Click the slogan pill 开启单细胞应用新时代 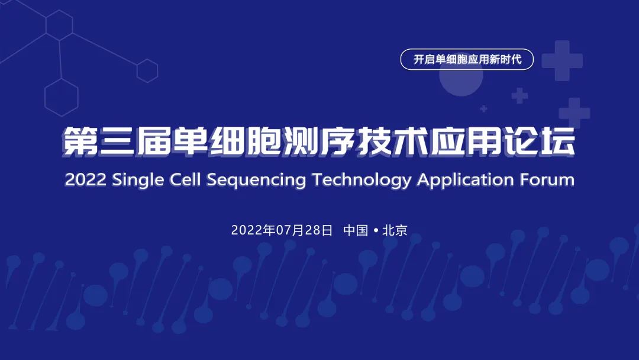[467, 60]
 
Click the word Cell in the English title [186, 179]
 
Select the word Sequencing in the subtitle [256, 180]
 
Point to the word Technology [362, 180]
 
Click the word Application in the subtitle [466, 180]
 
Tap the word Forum [547, 179]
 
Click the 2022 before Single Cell [85, 179]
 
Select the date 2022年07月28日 [282, 230]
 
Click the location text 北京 [395, 230]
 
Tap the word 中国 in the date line [356, 230]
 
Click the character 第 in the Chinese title [80, 142]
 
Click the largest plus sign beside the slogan [561, 60]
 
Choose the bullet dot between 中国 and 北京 [375, 230]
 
